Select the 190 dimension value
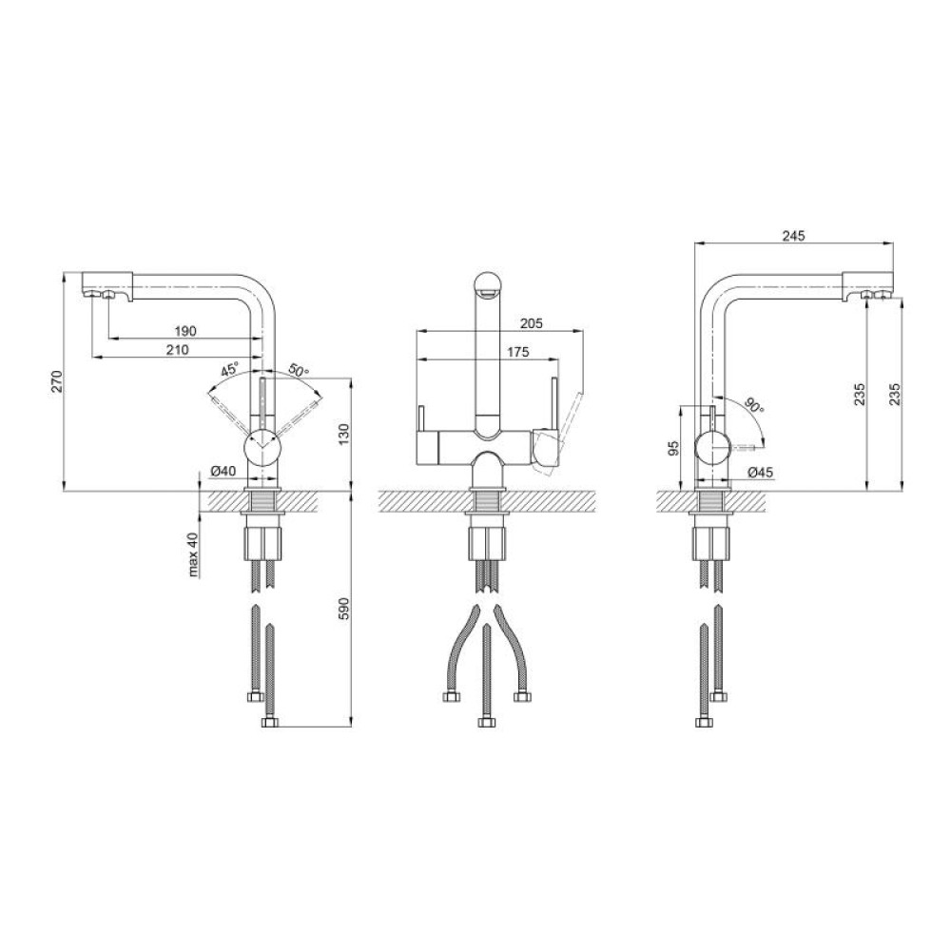click(x=185, y=331)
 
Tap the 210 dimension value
click(x=177, y=349)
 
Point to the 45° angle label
click(x=230, y=368)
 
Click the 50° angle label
click(x=299, y=370)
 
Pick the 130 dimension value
click(x=343, y=435)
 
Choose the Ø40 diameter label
click(x=223, y=470)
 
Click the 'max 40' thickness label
click(x=193, y=553)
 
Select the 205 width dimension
click(x=532, y=324)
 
